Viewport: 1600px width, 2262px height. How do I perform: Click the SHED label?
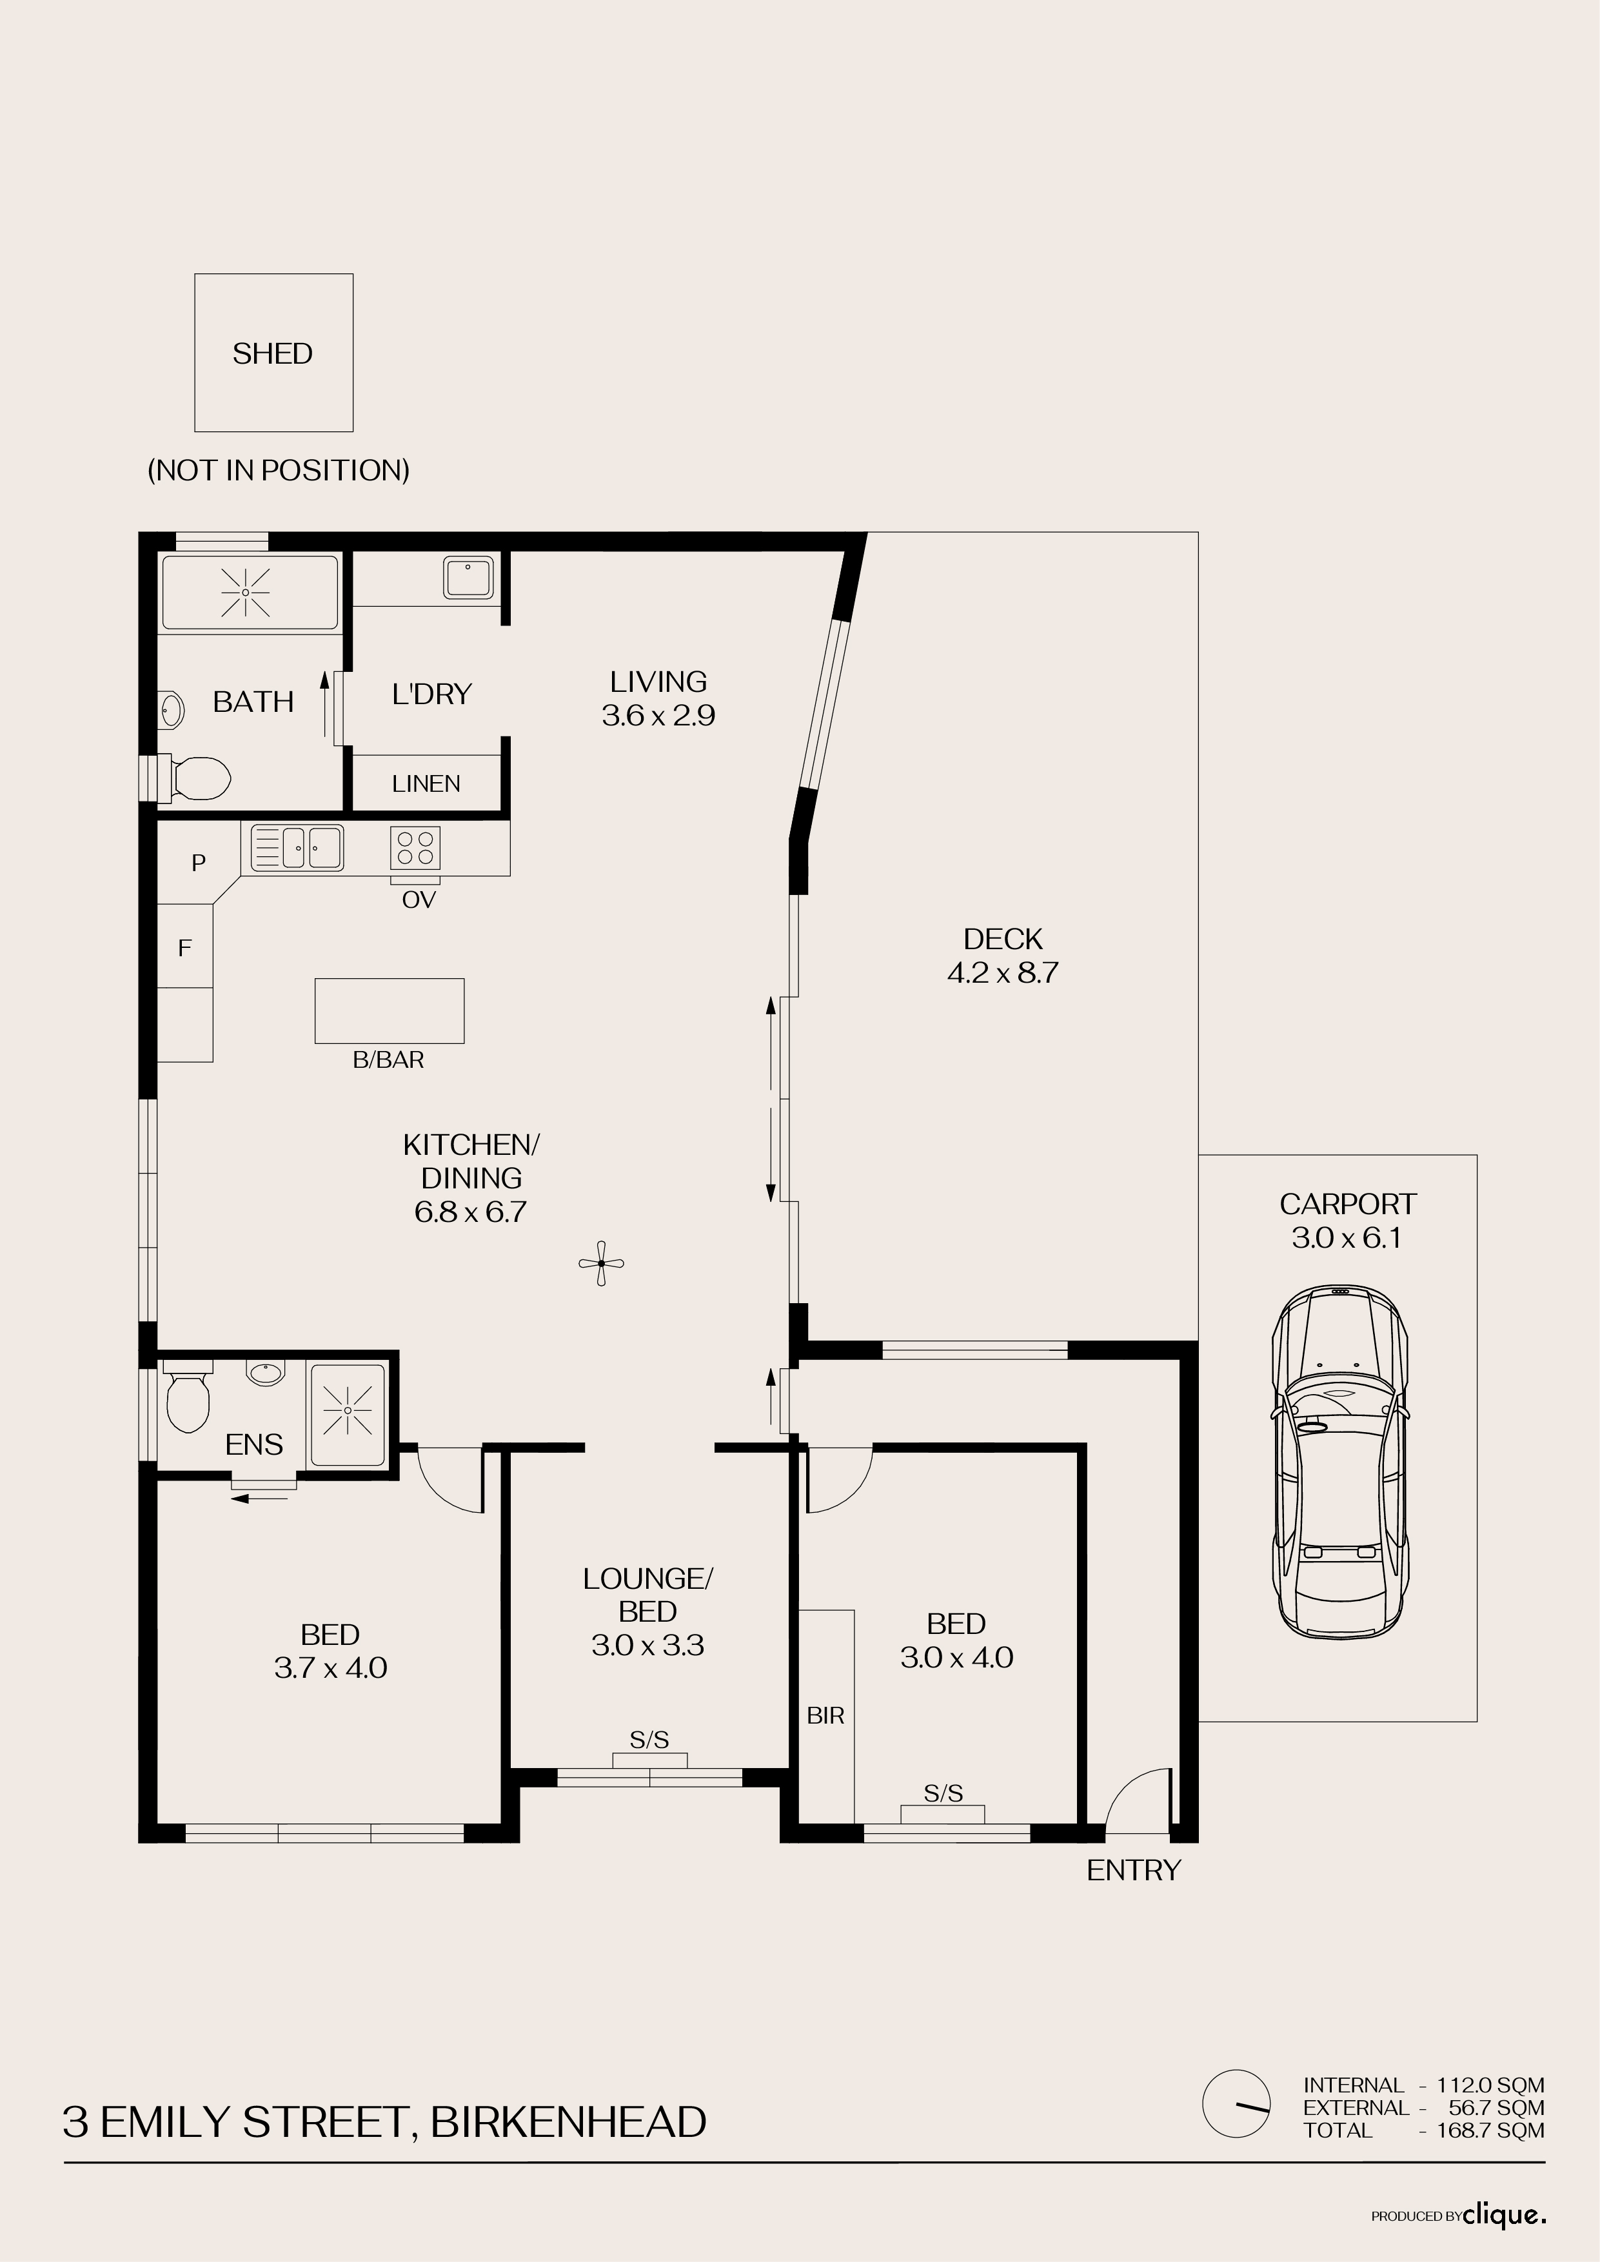(273, 354)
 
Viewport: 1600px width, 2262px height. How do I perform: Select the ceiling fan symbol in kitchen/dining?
(601, 1263)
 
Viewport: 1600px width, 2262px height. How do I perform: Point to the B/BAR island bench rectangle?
(389, 1011)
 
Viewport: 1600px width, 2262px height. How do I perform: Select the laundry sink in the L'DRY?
(468, 577)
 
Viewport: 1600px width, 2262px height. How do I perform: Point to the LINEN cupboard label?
(426, 783)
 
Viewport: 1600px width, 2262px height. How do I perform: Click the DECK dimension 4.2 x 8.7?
(1003, 974)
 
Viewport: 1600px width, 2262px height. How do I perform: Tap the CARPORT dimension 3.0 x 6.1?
(1347, 1239)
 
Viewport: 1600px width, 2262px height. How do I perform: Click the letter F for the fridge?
(184, 948)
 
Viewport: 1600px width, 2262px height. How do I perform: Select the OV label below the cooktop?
(419, 900)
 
